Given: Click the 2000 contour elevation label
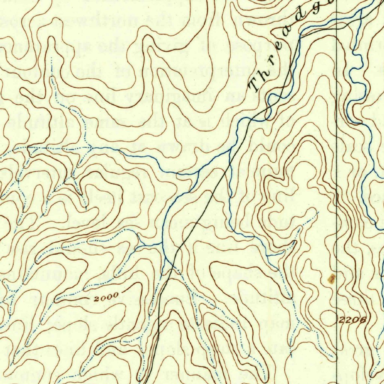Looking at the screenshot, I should pos(106,298).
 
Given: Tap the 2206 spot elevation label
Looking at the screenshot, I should pos(352,320).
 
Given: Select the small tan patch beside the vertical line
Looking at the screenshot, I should pos(331,278).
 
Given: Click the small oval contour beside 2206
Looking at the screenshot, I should pos(328,318).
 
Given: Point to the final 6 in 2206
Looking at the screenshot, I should pos(362,320).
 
